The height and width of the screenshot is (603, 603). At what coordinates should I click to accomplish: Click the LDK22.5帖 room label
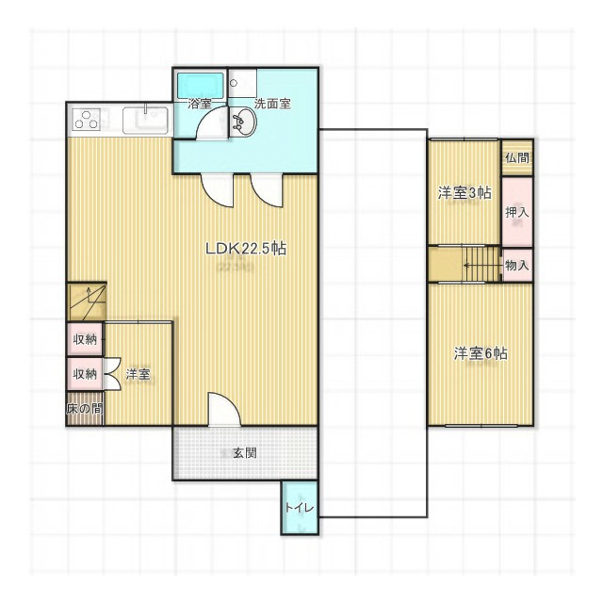click(246, 250)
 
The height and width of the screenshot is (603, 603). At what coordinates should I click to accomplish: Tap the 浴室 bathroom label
click(199, 104)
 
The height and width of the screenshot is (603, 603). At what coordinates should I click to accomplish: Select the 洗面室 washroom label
click(272, 104)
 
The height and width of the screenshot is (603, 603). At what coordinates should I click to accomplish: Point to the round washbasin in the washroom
click(242, 121)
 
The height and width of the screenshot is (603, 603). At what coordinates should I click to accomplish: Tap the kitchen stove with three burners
click(88, 121)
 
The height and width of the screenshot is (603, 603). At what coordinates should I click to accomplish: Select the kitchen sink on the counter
click(145, 121)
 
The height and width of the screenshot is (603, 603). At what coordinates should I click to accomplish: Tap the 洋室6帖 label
click(481, 354)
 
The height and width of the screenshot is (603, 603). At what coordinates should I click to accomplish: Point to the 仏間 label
click(516, 158)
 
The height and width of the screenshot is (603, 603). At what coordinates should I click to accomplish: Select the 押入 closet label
click(516, 212)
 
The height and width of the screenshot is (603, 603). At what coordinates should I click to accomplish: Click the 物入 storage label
click(516, 266)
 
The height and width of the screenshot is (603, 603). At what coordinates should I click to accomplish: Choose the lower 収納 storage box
click(85, 374)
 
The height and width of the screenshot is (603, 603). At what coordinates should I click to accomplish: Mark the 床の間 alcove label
click(85, 410)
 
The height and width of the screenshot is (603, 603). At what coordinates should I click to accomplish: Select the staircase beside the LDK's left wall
click(86, 301)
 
